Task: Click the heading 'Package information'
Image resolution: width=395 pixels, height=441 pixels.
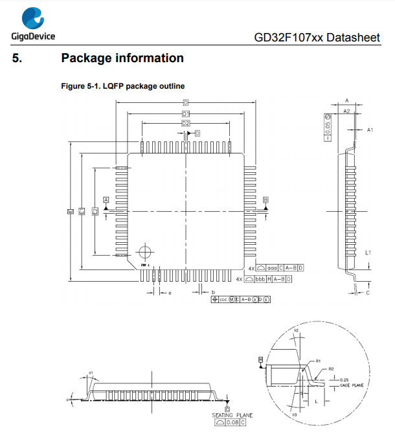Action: tap(122, 58)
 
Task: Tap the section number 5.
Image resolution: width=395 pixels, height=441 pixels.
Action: tap(17, 58)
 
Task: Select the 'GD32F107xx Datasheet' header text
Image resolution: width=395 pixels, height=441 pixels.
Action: tap(317, 38)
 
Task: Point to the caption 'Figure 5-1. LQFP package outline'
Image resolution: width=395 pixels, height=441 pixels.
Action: tap(122, 86)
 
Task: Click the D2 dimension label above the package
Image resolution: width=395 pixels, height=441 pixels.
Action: tap(186, 123)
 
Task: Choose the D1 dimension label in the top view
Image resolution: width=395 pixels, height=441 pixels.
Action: tap(185, 113)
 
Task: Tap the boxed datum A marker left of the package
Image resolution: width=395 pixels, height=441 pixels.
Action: tap(106, 200)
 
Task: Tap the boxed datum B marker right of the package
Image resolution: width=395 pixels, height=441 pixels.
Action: tap(265, 200)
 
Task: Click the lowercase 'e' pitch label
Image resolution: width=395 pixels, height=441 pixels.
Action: tap(169, 293)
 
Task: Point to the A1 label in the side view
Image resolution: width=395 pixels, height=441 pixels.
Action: tap(370, 130)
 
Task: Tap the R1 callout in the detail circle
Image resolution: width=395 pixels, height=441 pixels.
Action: tap(319, 361)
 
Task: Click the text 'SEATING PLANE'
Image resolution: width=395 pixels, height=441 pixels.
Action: tap(232, 415)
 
